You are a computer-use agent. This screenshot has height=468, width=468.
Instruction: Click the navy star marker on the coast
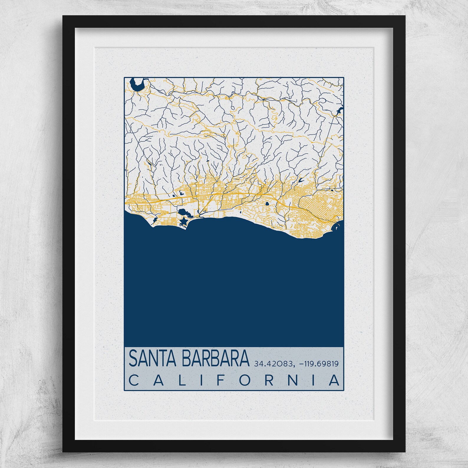183,221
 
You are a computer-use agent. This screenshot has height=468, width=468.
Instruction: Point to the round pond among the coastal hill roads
267,203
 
